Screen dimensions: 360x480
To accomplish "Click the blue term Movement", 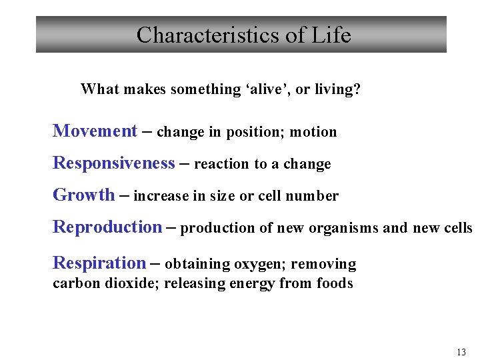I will tap(95, 131).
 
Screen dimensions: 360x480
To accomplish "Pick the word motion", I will tap(315, 132).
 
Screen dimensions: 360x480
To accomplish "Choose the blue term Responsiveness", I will tap(114, 163).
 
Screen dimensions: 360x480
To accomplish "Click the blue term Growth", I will tap(83, 195).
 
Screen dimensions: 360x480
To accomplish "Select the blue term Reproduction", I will tap(107, 227).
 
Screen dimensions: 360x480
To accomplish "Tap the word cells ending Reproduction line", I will tap(457, 228).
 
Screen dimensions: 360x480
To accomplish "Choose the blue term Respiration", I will tap(99, 264).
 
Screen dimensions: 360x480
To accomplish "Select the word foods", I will tap(335, 283).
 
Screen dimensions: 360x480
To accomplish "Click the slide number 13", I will tap(461, 352).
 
